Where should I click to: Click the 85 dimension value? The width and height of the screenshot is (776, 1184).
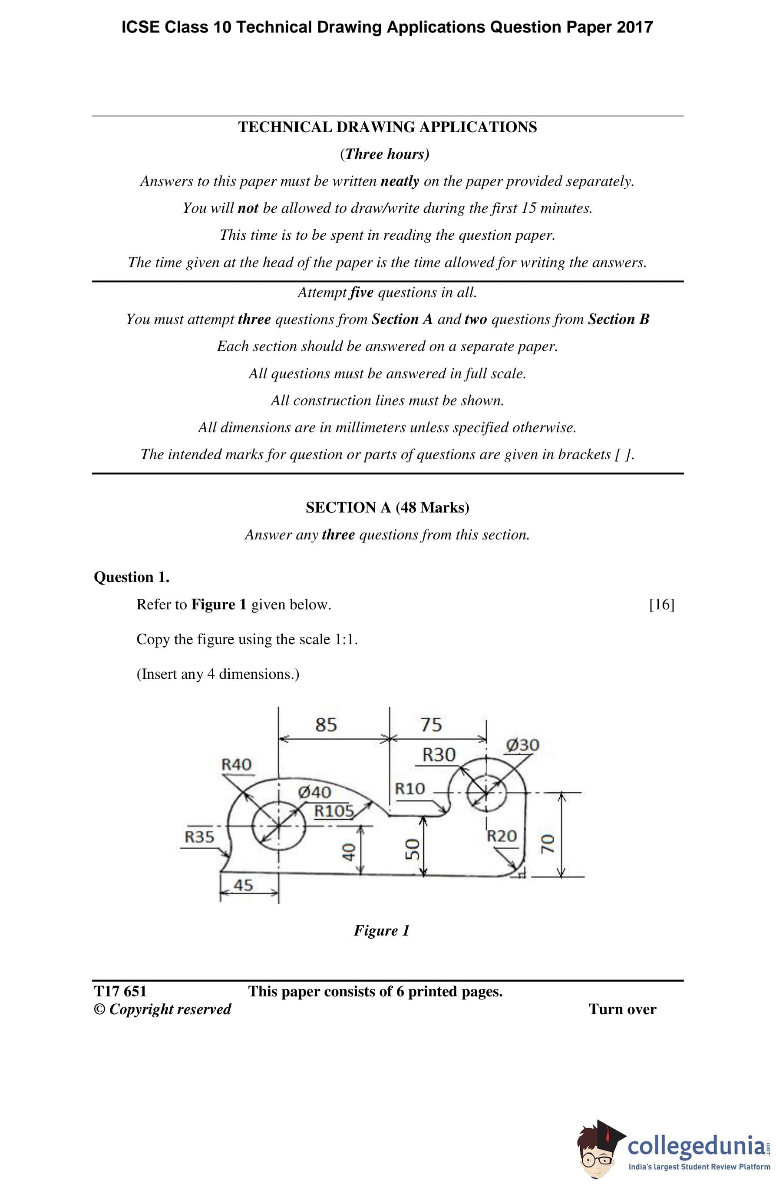(326, 725)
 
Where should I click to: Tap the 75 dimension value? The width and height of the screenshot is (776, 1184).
(431, 725)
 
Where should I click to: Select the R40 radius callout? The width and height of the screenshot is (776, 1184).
(236, 764)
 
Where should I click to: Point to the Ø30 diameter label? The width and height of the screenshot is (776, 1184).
(523, 745)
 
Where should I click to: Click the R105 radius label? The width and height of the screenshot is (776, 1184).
(334, 811)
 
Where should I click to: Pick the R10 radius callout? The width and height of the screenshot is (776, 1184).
(410, 788)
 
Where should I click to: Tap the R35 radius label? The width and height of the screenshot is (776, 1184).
(199, 837)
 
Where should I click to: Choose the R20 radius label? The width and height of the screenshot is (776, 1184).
(502, 836)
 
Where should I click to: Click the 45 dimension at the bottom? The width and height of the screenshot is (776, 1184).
(243, 885)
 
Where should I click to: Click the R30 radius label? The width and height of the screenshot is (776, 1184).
(439, 755)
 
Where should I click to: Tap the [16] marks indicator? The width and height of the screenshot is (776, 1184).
(662, 605)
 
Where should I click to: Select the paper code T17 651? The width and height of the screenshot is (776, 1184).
(120, 992)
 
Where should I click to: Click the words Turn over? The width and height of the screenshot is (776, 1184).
(622, 1009)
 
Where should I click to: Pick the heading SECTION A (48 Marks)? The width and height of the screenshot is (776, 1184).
(387, 507)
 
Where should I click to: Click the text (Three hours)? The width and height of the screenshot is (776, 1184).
(384, 154)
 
